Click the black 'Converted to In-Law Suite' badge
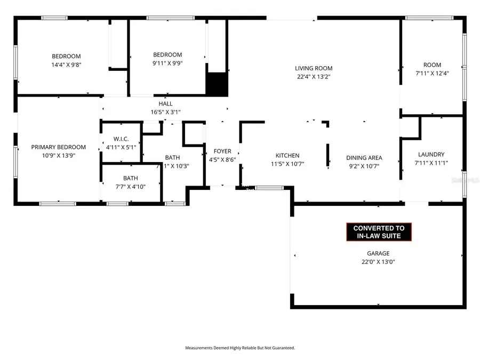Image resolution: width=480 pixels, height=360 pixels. (x=379, y=231)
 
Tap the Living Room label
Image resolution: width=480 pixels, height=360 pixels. (x=314, y=68)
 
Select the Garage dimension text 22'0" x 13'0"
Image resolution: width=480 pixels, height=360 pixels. (x=378, y=262)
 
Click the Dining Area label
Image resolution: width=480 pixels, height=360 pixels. (x=364, y=158)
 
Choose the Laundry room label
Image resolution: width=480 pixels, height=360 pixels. (x=431, y=155)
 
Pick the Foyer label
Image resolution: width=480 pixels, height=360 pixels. (x=222, y=151)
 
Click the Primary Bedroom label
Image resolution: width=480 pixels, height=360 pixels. (x=58, y=147)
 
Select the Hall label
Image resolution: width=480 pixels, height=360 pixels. (x=165, y=103)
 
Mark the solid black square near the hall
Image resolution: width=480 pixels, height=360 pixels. (x=217, y=84)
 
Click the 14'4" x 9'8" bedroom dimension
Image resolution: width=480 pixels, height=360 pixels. (x=66, y=65)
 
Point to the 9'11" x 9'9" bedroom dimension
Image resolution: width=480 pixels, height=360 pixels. (x=167, y=63)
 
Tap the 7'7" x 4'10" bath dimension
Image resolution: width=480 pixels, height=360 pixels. (x=131, y=186)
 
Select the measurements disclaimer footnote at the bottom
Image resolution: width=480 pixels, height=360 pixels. (x=240, y=348)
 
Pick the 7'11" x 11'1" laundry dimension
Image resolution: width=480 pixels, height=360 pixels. (x=431, y=163)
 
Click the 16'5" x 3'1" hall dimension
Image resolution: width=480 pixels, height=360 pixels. (x=165, y=112)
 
